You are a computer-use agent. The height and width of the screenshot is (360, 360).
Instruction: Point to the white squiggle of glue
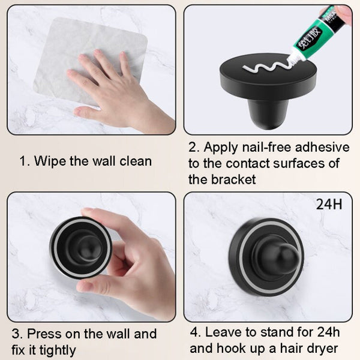(x=264, y=65)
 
